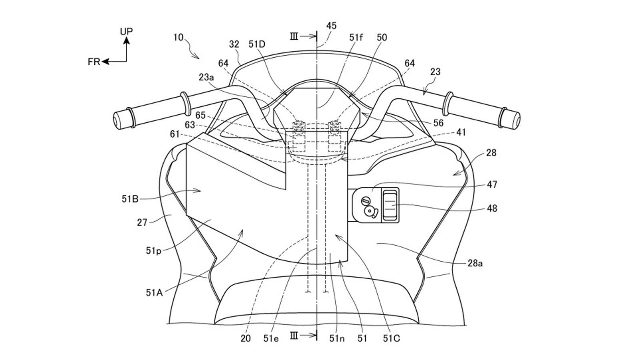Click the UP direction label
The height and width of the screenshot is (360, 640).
pyautogui.click(x=126, y=31)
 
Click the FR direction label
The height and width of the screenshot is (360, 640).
pyautogui.click(x=94, y=62)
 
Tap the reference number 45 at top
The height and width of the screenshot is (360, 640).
pyautogui.click(x=331, y=26)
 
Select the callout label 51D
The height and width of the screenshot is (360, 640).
pyautogui.click(x=257, y=44)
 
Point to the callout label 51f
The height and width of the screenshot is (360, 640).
pyautogui.click(x=356, y=38)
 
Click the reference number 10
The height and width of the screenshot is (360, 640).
pyautogui.click(x=178, y=38)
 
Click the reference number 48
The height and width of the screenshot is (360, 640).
pyautogui.click(x=492, y=208)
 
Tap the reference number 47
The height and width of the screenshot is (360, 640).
pyautogui.click(x=492, y=184)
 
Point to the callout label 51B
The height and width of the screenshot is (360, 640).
pyautogui.click(x=130, y=198)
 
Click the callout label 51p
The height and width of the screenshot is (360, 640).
pyautogui.click(x=153, y=251)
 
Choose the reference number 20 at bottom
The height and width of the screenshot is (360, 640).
pyautogui.click(x=246, y=338)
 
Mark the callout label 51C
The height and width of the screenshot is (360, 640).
pyautogui.click(x=391, y=338)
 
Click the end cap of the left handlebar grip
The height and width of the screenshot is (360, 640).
pyautogui.click(x=118, y=119)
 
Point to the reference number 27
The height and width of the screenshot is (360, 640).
pyautogui.click(x=142, y=222)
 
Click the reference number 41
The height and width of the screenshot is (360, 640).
pyautogui.click(x=461, y=132)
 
